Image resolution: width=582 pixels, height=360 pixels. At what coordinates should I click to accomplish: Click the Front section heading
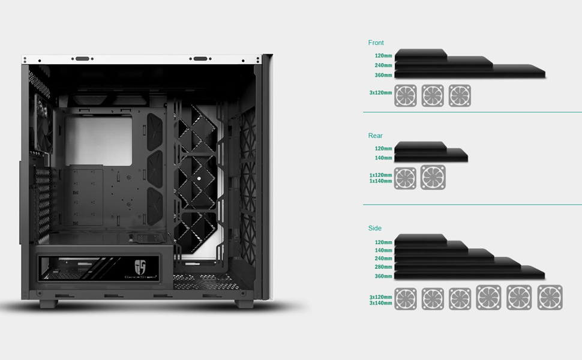[376, 43]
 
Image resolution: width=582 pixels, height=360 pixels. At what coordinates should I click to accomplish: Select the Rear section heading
[375, 136]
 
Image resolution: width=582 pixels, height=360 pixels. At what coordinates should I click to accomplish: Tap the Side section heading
[374, 228]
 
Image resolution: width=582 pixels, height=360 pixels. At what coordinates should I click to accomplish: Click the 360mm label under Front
[383, 76]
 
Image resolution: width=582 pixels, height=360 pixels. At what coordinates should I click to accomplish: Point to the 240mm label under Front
[383, 65]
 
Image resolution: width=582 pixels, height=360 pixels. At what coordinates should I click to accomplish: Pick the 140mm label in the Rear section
[383, 158]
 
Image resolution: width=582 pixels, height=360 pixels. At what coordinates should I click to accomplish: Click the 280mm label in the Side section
[383, 266]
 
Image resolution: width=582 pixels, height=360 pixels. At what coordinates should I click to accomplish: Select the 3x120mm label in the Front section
[380, 93]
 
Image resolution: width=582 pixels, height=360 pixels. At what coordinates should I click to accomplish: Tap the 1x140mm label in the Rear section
[380, 181]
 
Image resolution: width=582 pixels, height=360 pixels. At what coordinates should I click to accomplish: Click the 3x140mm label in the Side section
[380, 303]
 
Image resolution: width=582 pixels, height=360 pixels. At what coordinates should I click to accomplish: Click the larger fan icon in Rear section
[433, 178]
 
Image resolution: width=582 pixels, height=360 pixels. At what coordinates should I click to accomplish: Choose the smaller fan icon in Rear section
[405, 178]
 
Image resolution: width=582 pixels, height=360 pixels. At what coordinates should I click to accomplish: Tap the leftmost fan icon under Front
[405, 95]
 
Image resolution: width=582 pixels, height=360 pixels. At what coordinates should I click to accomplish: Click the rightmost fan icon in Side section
[550, 298]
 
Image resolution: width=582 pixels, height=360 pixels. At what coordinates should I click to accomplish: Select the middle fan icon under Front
[433, 95]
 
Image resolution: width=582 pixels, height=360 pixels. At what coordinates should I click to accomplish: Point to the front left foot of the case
[50, 303]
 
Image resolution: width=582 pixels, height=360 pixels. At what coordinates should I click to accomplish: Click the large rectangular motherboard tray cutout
[106, 140]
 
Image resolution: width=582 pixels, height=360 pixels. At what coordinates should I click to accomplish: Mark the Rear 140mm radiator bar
[430, 158]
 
